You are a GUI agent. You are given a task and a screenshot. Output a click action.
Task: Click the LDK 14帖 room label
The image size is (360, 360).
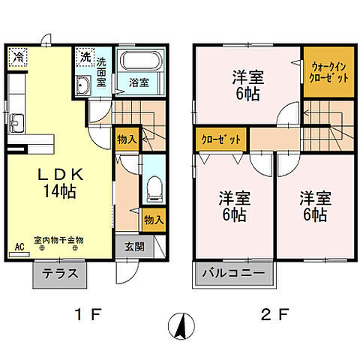pos(58,182)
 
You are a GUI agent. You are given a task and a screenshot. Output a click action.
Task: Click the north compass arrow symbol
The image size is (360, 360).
pos(179,326)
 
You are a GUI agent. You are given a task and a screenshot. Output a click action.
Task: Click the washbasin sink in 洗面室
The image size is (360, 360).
pos(83,85)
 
